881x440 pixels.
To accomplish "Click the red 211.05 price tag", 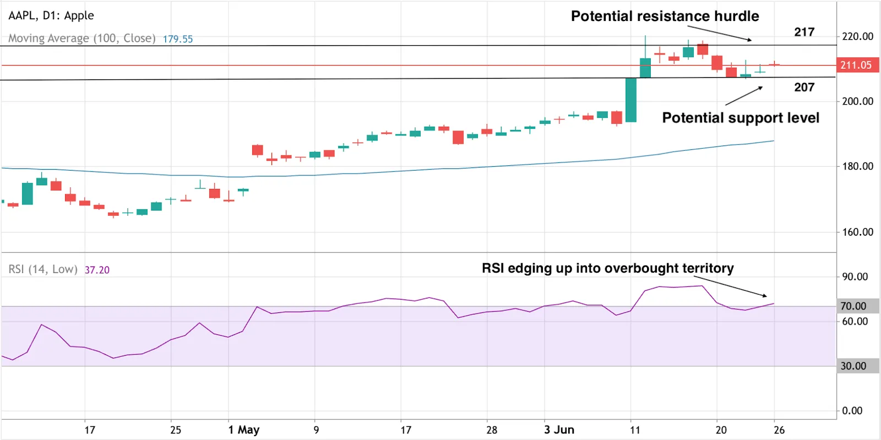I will point(856,65).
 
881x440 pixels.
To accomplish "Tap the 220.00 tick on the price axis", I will point(857,36).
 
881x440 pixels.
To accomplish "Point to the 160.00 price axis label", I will point(857,232).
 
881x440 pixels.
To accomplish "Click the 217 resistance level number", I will point(804,32).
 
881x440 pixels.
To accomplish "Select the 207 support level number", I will point(804,87).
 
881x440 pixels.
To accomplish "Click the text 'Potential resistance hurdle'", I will point(665,16).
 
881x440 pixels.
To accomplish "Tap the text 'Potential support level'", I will point(740,118).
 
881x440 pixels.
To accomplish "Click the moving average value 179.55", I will point(178,39).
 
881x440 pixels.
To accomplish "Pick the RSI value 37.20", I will point(97,270).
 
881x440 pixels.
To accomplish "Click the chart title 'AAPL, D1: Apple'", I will point(51,15).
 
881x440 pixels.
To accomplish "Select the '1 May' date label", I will point(244,430).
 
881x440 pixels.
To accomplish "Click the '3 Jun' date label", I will point(559,430).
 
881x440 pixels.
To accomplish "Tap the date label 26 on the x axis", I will point(779,430).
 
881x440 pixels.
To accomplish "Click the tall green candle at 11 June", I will point(631,100).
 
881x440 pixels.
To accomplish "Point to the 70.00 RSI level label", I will point(853,306).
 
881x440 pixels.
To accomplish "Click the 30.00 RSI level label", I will point(853,366).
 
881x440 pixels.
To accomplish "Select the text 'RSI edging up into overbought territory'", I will point(607,268).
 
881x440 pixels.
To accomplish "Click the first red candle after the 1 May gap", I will point(257,150).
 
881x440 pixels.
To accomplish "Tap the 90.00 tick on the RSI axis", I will point(855,276).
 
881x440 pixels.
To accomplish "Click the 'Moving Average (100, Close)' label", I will point(81,39).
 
